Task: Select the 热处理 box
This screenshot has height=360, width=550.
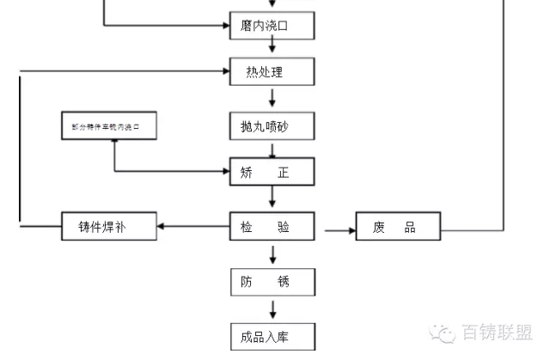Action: (272, 72)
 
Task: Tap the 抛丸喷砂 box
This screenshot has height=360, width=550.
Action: (272, 126)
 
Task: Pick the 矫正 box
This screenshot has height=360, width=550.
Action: (272, 173)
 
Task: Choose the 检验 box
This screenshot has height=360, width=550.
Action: (272, 228)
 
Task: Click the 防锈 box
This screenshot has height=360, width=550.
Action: (272, 282)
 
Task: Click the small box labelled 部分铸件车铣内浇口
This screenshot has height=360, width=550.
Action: (112, 127)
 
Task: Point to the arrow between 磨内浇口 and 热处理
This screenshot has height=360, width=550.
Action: (272, 49)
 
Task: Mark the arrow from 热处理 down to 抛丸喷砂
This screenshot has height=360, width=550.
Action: (272, 97)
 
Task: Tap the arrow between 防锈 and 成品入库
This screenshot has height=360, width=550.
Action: (272, 308)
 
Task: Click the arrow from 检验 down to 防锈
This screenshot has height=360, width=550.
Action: (272, 254)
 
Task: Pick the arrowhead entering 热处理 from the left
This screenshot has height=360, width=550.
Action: (226, 70)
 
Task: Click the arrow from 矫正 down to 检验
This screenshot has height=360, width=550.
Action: (272, 198)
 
